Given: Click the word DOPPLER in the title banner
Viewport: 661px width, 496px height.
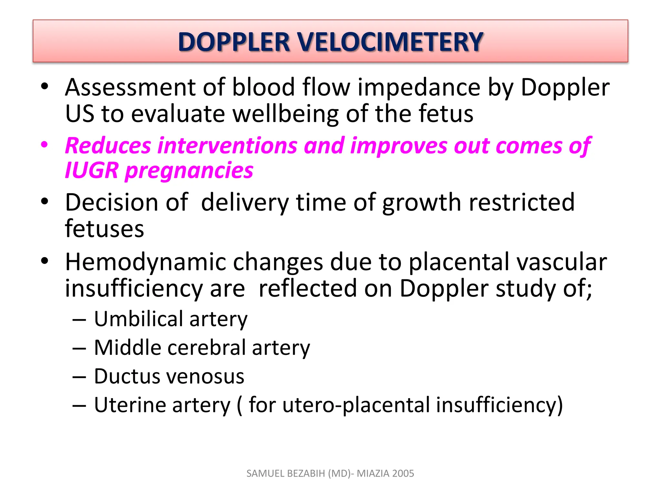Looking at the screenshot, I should click(x=234, y=42).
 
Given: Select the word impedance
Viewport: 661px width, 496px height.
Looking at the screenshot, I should click(x=419, y=88).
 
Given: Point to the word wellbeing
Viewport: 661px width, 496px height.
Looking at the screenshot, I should click(x=285, y=114).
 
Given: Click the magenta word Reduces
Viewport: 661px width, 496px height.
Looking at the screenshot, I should click(x=108, y=146).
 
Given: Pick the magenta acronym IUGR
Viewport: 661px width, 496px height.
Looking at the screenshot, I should click(x=92, y=170).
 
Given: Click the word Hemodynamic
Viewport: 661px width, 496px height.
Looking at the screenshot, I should click(x=145, y=262).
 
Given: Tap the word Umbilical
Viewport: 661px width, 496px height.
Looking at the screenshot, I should click(x=138, y=319).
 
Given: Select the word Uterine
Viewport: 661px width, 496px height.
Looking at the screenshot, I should click(x=130, y=405).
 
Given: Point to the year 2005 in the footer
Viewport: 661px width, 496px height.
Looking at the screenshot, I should click(x=403, y=473).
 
